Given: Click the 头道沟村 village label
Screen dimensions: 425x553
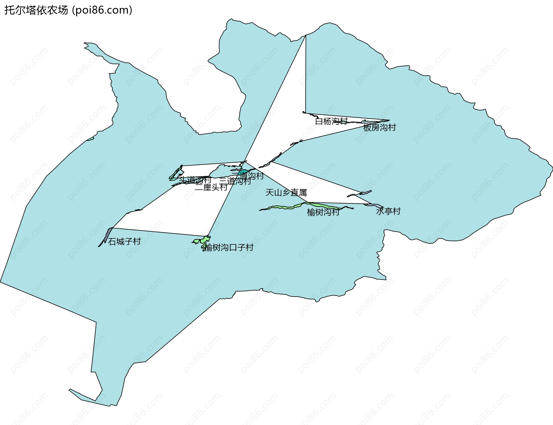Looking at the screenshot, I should coord(195,180).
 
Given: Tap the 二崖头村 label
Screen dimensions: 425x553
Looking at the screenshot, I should coord(211,187).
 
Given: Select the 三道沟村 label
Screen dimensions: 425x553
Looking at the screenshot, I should coord(235,181).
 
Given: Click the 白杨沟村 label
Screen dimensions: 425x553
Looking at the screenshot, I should coord(331,121).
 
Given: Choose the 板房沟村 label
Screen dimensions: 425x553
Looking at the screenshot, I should coord(379,127).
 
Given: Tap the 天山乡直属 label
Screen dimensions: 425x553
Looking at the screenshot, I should coord(286,193).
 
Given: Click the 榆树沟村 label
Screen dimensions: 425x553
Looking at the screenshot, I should coord(323,212).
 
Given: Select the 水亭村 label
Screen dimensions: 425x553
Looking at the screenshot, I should coord(388,211).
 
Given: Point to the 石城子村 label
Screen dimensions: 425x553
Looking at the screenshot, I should coord(124,242).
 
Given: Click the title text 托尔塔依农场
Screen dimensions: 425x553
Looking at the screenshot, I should coord(36,10).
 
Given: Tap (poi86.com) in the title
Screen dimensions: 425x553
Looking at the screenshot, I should coord(102,10).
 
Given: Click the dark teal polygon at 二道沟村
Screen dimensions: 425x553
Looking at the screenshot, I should coord(242,172).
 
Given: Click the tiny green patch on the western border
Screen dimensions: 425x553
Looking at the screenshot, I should coord(90,139).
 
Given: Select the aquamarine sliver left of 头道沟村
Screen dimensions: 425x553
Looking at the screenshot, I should coord(174,179).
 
